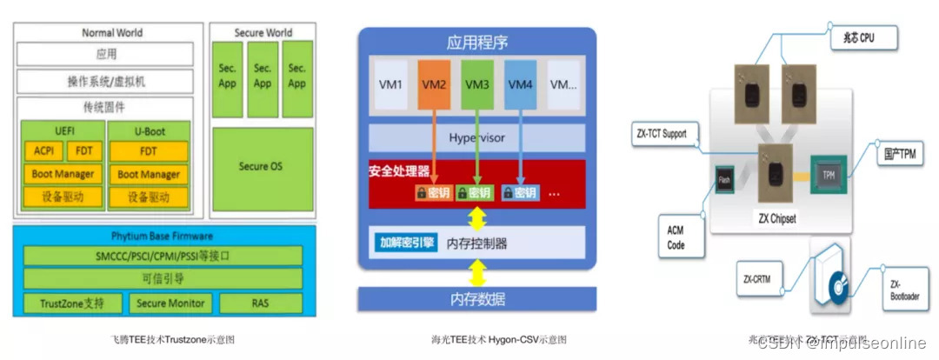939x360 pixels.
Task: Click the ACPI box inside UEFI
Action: point(43,151)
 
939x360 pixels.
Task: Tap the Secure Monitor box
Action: point(170,303)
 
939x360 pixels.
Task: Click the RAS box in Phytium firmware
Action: point(260,303)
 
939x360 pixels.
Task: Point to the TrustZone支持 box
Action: point(71,303)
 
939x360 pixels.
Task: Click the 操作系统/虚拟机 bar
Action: point(106,81)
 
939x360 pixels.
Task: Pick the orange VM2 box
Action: point(434,85)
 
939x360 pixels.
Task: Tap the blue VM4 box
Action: point(520,85)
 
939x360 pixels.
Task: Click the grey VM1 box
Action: point(391,85)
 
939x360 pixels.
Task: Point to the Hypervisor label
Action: point(477,137)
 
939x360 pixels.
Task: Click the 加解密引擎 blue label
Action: point(407,243)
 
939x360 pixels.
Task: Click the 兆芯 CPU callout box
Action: point(862,39)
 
